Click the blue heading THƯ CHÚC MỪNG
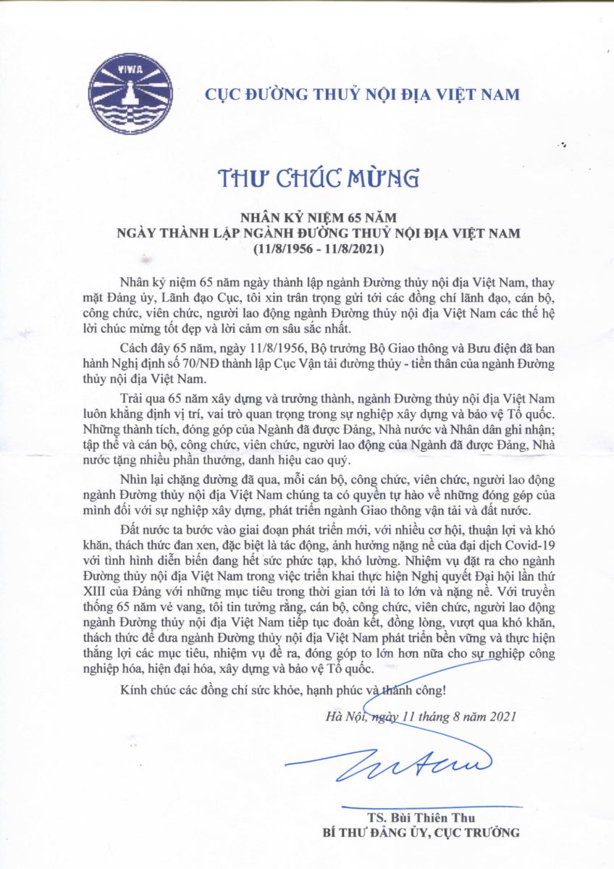pyautogui.click(x=308, y=177)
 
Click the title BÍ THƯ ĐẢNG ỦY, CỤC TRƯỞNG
pyautogui.click(x=421, y=833)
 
